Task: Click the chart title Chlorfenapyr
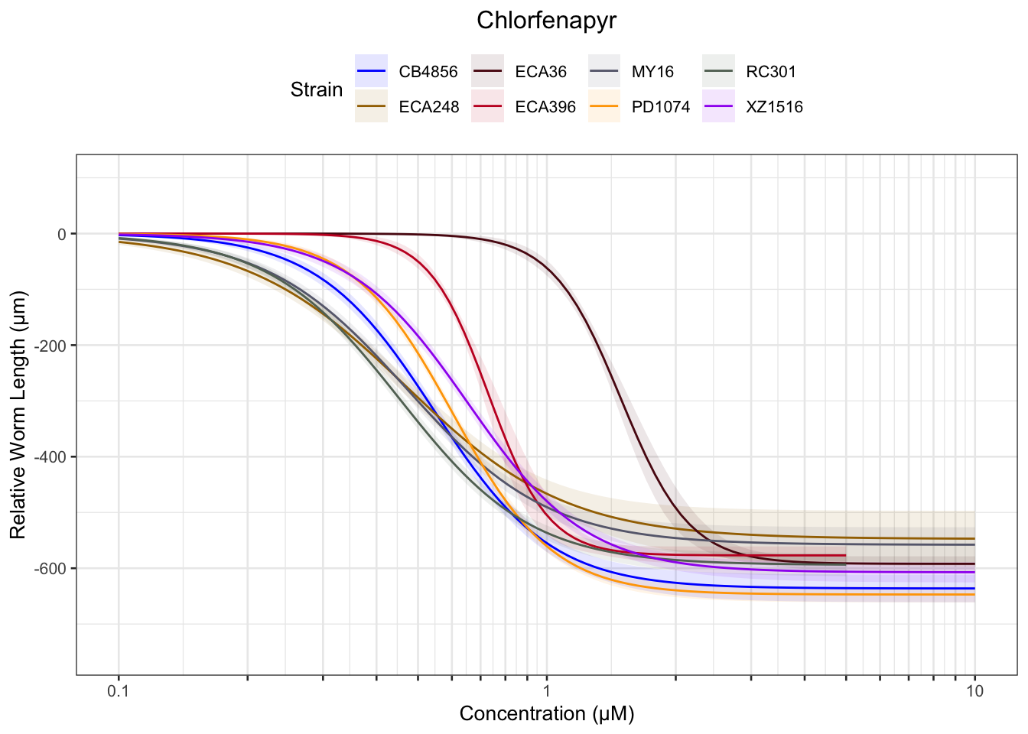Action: (546, 21)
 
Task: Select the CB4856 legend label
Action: (428, 72)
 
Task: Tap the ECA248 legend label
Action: (428, 107)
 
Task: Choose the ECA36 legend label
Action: (541, 72)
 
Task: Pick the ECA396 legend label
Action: (545, 107)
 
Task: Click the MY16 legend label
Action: (652, 72)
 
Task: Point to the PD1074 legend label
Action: (660, 107)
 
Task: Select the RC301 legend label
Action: (771, 72)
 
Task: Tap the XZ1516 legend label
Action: (774, 107)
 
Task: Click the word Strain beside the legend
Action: (316, 89)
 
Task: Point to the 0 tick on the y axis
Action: (62, 234)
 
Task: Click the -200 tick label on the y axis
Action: (52, 346)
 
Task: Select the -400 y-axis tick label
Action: (52, 457)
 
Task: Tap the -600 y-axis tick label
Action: (52, 569)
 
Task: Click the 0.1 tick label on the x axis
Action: (119, 691)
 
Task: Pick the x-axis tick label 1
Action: (546, 691)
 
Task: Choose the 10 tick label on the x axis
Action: (974, 691)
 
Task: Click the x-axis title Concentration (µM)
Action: (546, 714)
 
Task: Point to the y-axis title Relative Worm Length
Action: (18, 414)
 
